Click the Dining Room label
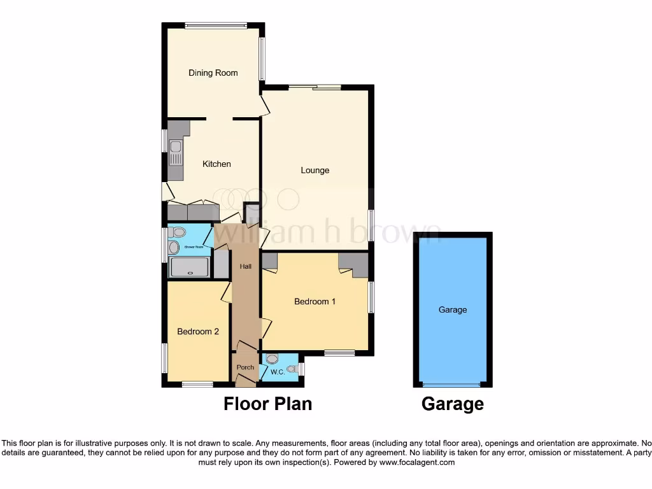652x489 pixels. pos(213,73)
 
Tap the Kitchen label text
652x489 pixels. pos(216,164)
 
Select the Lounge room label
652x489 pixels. pos(315,170)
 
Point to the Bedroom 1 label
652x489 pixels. pos(315,301)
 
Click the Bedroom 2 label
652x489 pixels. pos(198,331)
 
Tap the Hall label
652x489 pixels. pos(245,267)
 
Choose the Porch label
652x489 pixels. pos(245,367)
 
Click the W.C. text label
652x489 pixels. pos(277,372)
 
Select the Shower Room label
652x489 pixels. pos(194,246)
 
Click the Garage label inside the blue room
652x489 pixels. pos(453,309)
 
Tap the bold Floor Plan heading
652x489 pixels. pos(267,404)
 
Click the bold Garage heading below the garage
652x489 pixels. pos(453,404)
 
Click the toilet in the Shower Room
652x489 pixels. pos(178,232)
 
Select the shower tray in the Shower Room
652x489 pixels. pos(189,267)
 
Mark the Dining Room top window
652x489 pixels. pos(216,25)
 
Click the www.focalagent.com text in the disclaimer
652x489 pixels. pos(416,462)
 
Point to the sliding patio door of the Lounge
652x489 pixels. pos(315,87)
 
